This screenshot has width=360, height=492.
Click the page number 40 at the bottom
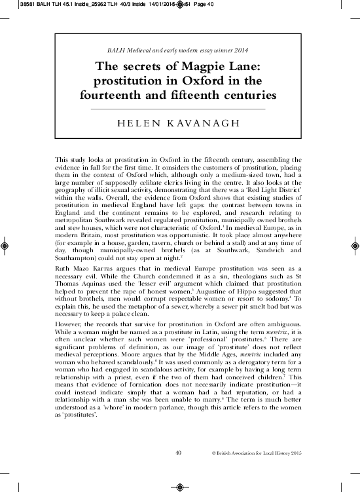coord(179,452)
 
